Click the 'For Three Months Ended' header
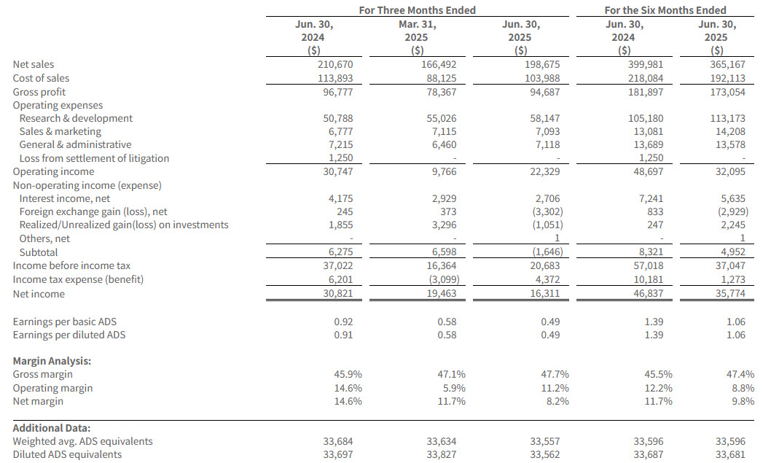pos(417,10)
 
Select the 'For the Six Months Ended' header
pos(665,10)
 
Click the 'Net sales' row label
pos(33,64)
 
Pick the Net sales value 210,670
pos(337,64)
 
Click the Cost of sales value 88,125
pos(442,78)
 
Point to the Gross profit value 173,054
pos(727,92)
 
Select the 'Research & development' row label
pos(76,118)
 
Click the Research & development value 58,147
pos(545,118)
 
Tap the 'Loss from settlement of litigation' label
pos(95,158)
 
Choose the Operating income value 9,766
pos(444,171)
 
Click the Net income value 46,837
pos(648,294)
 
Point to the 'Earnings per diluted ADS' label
pos(69,335)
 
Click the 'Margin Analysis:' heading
pos(52,361)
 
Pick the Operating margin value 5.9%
pos(451,388)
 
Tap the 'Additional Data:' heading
pos(52,428)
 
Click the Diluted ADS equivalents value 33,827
pos(442,454)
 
